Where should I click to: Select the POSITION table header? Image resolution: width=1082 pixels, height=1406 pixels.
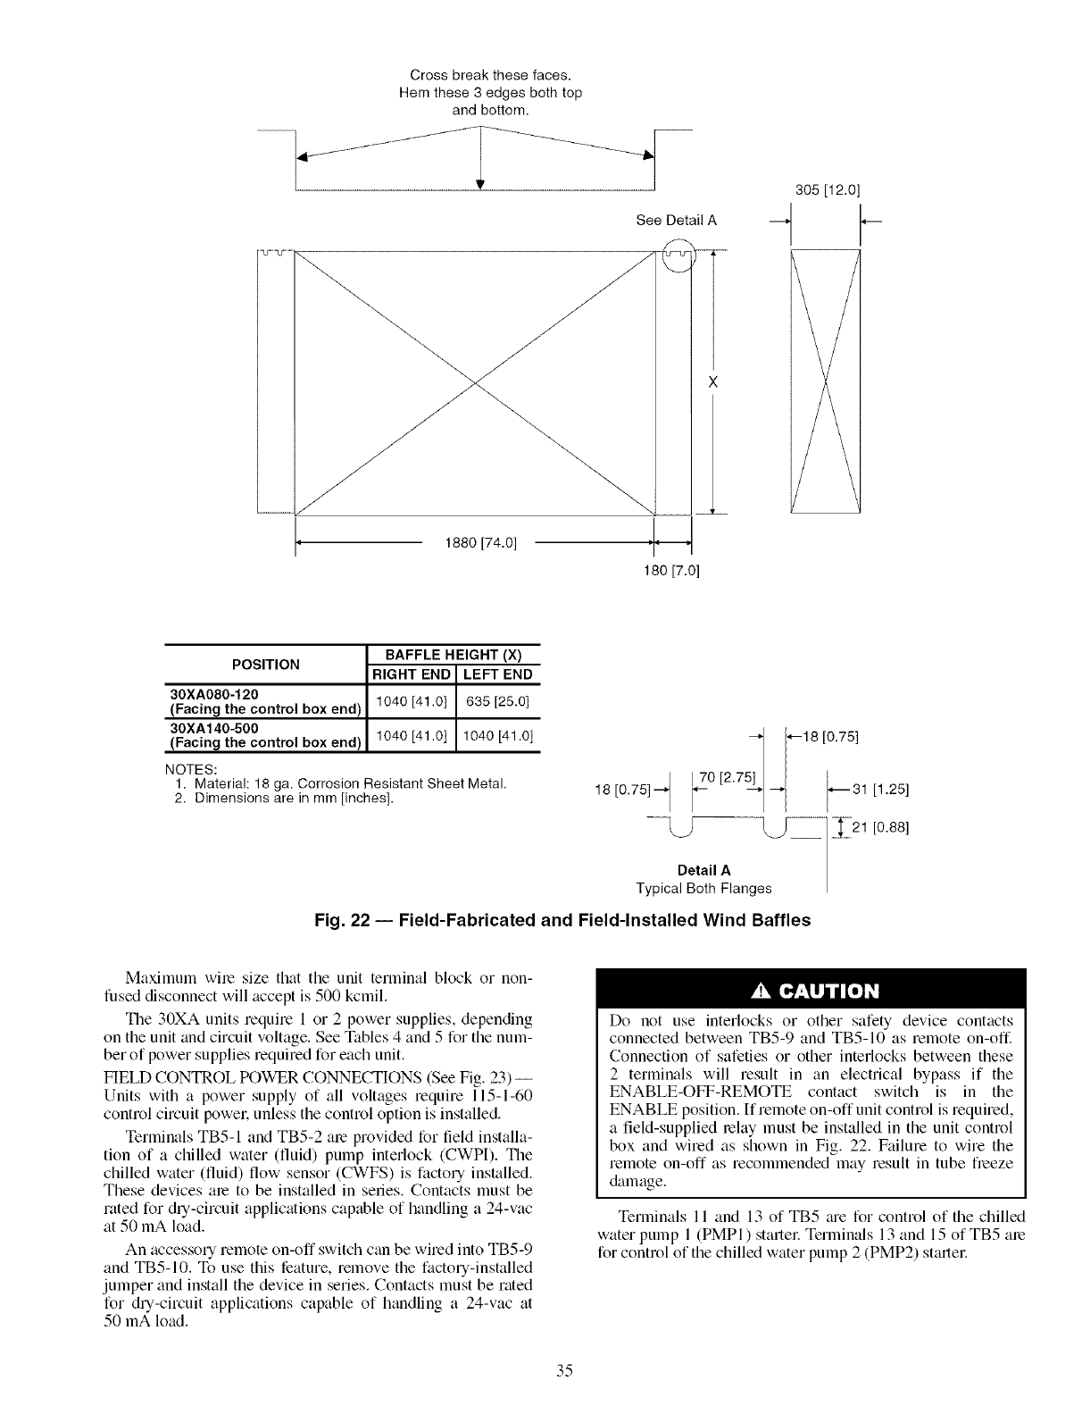click(x=266, y=664)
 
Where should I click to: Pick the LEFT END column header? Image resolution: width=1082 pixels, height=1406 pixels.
click(x=498, y=674)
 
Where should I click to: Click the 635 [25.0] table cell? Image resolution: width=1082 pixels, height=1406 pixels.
click(x=498, y=701)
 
